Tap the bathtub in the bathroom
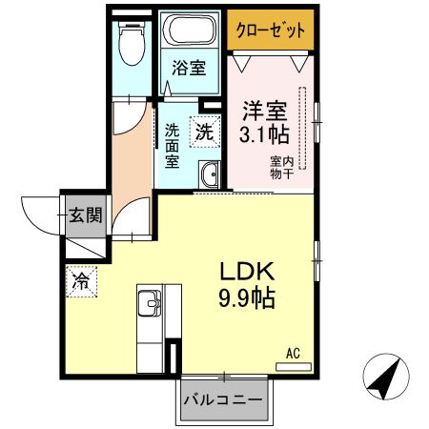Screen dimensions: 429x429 [x=189, y=31]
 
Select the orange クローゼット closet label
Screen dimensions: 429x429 [x=271, y=31]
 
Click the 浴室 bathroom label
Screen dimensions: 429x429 [x=189, y=69]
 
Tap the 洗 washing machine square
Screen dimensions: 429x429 [x=205, y=133]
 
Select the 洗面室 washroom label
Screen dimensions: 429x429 [x=173, y=144]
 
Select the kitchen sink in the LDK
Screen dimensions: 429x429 [x=150, y=304]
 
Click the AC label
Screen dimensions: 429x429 [x=294, y=353]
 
